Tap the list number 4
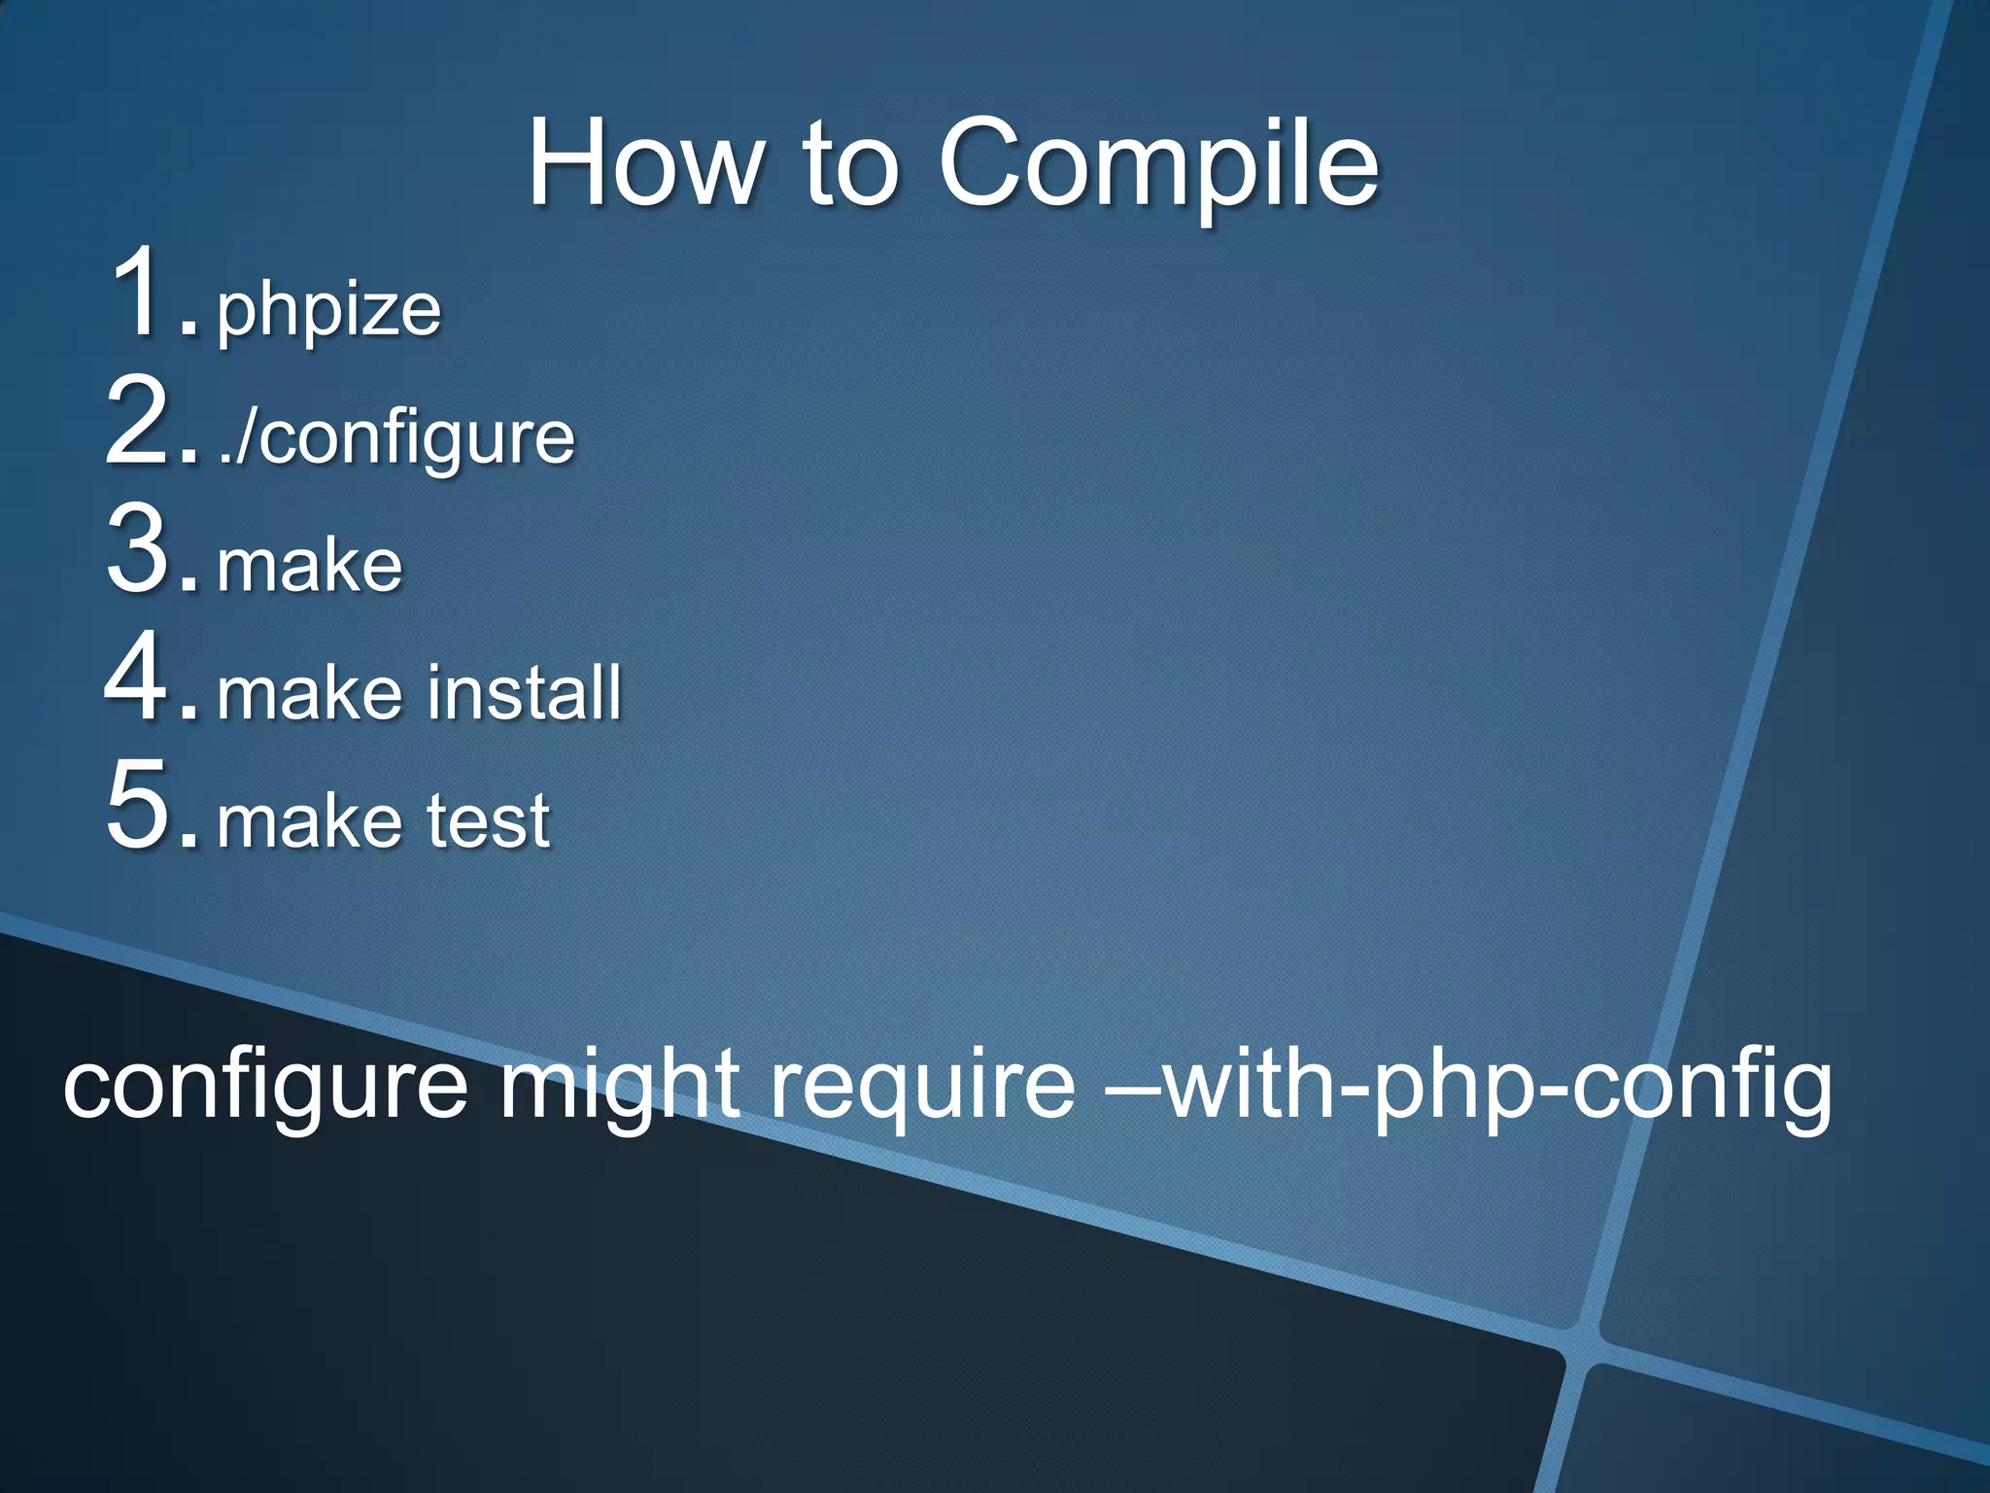146,677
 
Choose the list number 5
146,806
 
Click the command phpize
328,311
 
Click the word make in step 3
309,566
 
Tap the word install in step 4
525,693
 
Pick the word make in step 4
309,694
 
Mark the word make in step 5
309,822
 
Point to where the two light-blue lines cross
1582,1346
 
